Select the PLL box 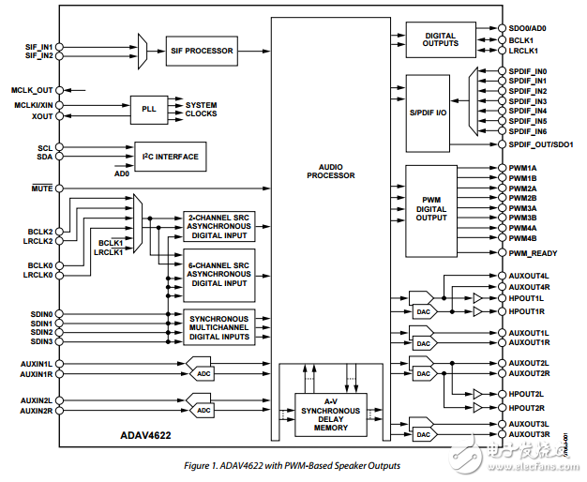click(148, 109)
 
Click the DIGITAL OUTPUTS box click(441, 38)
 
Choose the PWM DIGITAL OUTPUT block click(431, 210)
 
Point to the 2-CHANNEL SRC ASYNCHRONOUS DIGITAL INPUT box click(218, 226)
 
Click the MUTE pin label click(40, 188)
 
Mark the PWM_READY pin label click(532, 253)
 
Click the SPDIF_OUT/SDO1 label click(540, 145)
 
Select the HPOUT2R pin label click(526, 408)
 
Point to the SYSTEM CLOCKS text click(201, 109)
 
